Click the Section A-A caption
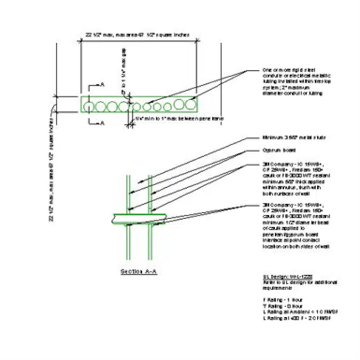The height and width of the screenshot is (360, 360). (138, 271)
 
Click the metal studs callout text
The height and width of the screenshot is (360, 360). (286, 138)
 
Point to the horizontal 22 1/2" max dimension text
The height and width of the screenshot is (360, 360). (138, 35)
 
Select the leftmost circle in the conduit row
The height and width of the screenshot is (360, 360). (89, 106)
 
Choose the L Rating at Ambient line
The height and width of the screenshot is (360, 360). (293, 312)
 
